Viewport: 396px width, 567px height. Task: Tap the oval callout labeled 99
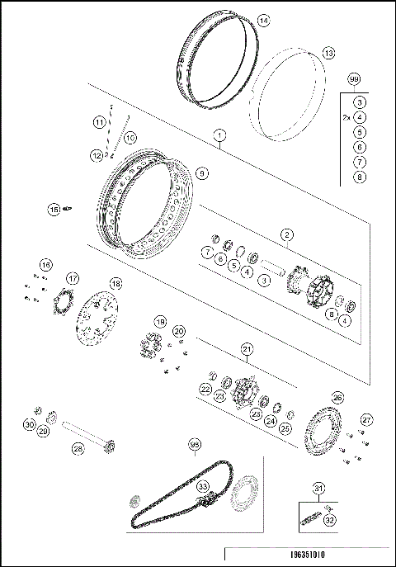[x=355, y=79]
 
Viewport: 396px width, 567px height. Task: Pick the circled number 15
[x=54, y=209]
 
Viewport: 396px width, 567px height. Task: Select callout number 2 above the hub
[x=285, y=235]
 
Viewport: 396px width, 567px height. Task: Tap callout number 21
[x=247, y=350]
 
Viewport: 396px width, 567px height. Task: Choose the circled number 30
[x=30, y=425]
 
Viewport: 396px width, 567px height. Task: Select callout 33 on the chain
[x=201, y=488]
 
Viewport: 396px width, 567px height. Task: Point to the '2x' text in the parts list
[x=347, y=118]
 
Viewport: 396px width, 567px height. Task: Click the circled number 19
[x=160, y=321]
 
